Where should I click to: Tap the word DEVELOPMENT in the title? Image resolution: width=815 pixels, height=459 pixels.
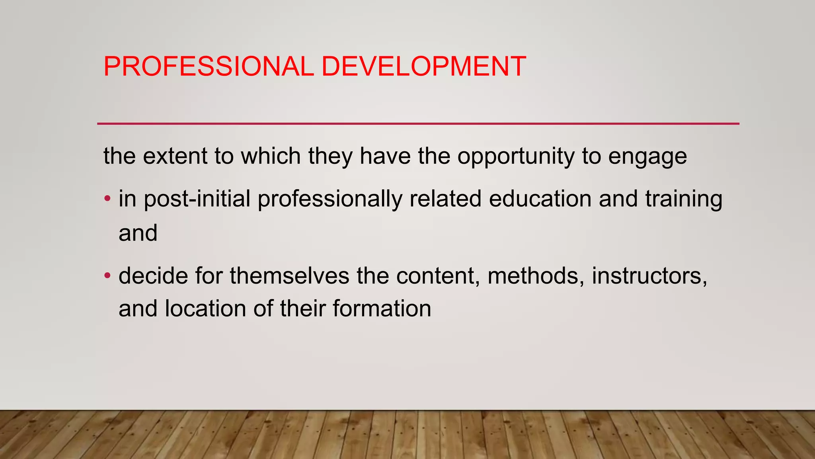pos(423,66)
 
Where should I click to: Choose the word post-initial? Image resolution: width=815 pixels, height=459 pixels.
pos(197,199)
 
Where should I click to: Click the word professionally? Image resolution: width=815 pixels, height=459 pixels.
pos(330,199)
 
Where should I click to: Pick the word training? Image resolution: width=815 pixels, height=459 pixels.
pos(683,199)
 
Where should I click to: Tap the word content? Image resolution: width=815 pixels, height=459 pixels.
pos(438,275)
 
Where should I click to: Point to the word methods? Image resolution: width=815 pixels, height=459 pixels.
pos(536,275)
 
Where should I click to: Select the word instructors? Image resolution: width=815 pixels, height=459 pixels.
pos(649,275)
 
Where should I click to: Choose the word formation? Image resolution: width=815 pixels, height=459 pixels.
pos(382,309)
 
